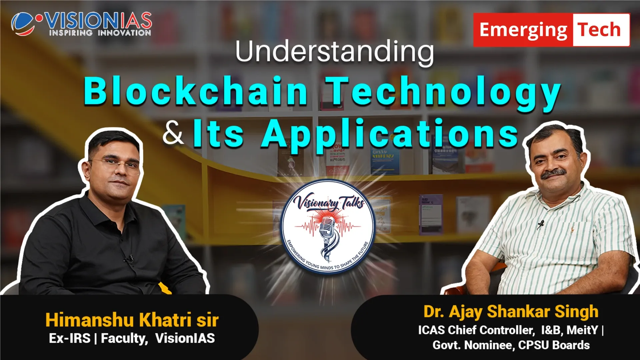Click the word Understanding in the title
(334, 52)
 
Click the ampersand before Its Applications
(173, 133)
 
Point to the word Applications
(390, 135)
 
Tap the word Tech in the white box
(599, 30)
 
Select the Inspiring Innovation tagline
(100, 33)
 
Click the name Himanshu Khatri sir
(132, 320)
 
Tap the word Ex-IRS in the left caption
(70, 338)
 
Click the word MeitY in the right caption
(583, 330)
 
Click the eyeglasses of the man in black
(115, 165)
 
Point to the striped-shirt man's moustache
(553, 174)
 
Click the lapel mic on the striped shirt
(540, 224)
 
